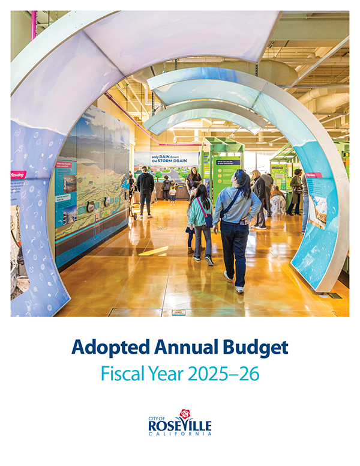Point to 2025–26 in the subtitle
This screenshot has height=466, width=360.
pos(224,374)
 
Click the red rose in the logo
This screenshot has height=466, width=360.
pos(185,414)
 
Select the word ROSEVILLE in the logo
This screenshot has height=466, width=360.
pos(179,426)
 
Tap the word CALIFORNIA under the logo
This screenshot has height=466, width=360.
pos(179,434)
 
